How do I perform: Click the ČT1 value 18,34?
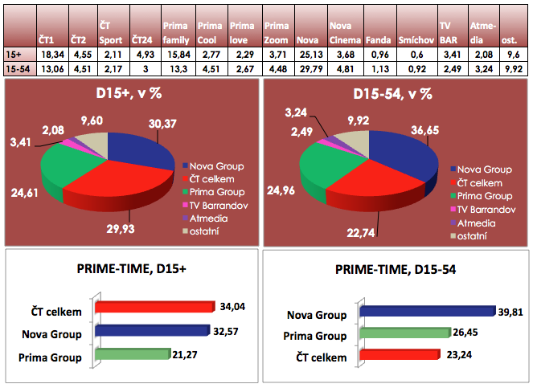tap(50, 53)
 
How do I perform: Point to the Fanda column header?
tap(379, 39)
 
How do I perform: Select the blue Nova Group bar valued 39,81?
tap(426, 312)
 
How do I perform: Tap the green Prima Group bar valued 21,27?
tap(133, 353)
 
